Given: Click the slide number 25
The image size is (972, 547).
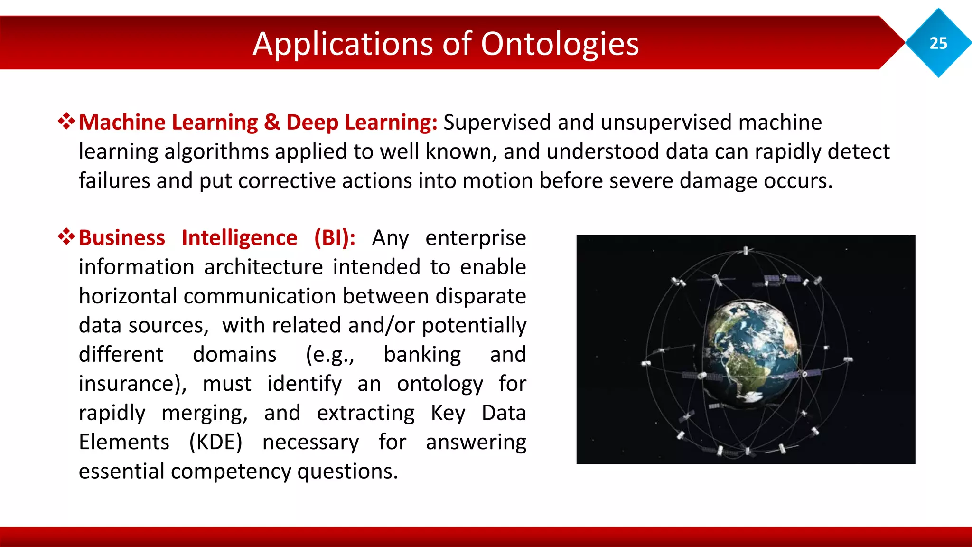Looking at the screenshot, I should point(938,43).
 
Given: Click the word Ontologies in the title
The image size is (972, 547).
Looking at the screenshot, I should point(560,44).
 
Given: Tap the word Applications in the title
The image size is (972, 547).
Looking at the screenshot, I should point(343,44).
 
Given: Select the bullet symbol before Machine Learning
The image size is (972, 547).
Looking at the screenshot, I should point(66,122).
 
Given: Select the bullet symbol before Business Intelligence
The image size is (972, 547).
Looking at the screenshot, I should point(66,236).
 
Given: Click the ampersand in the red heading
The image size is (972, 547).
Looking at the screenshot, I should point(272,123).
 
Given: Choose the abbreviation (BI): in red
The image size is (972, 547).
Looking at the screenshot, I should point(335,238).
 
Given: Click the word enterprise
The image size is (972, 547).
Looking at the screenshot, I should point(476,238).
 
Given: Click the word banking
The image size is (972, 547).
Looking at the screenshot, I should point(422,355).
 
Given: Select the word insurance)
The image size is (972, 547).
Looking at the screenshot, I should point(133,384).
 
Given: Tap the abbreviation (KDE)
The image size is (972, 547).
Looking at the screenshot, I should point(215,442).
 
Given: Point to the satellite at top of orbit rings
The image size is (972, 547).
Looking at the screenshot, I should point(746,250).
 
